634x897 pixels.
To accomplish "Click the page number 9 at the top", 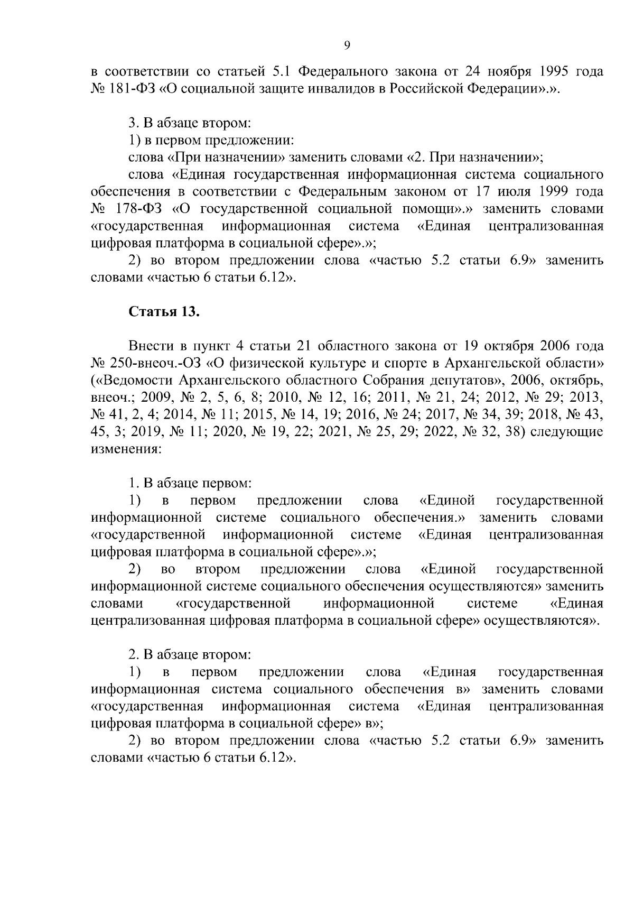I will click(347, 45).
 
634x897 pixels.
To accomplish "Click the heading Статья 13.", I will click(164, 312).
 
